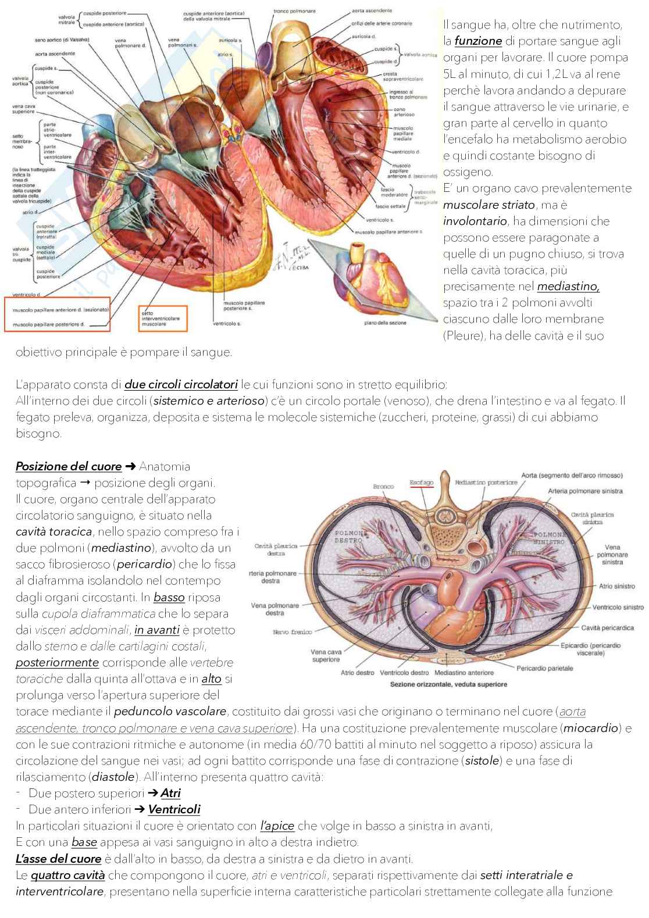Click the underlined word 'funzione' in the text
click(478, 41)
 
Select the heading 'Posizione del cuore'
click(69, 467)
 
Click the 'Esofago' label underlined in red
click(422, 483)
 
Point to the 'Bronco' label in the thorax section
click(383, 487)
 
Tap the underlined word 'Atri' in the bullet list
click(170, 793)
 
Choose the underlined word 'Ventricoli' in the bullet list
click(174, 809)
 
